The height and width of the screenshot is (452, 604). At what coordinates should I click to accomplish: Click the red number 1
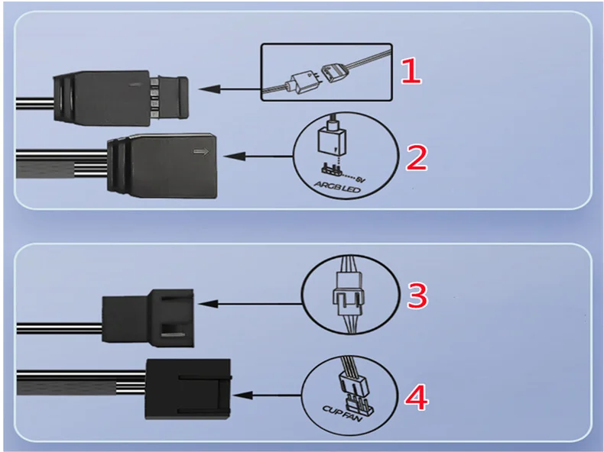click(x=411, y=71)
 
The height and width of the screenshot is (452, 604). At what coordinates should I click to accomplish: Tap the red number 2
click(x=417, y=158)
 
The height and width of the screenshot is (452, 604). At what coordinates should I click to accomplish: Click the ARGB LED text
click(x=337, y=187)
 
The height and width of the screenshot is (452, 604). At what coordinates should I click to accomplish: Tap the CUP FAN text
click(x=343, y=414)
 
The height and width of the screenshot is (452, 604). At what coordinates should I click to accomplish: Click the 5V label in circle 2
click(x=360, y=179)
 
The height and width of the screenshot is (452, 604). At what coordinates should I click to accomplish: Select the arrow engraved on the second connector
click(x=201, y=152)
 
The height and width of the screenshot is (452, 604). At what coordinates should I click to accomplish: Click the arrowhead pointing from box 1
click(x=209, y=89)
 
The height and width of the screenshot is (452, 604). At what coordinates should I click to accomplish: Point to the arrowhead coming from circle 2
click(x=234, y=157)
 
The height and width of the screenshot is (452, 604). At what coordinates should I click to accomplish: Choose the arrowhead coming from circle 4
click(x=243, y=395)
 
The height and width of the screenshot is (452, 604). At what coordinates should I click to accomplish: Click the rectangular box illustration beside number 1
click(x=326, y=44)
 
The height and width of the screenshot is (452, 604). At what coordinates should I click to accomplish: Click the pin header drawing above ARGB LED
click(x=332, y=169)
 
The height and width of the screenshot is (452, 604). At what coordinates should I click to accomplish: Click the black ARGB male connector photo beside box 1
click(x=121, y=97)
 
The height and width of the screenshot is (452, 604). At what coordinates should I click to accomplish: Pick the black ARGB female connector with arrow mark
click(x=161, y=166)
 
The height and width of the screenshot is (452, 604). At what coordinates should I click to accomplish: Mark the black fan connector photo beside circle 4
click(x=188, y=389)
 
